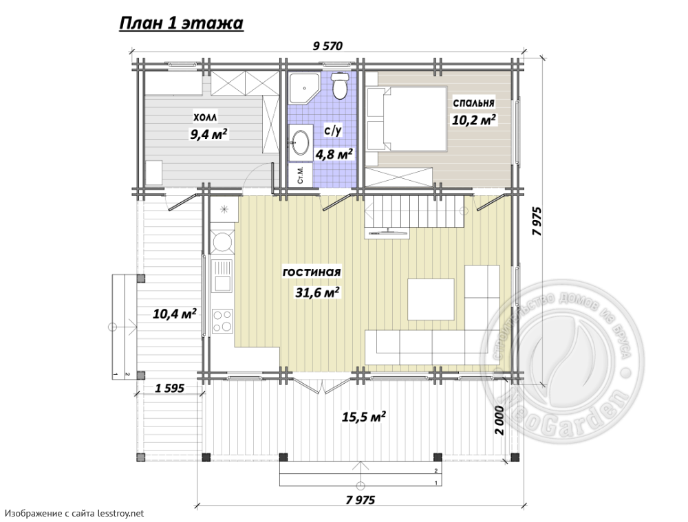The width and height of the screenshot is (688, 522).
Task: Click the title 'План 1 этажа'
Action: pos(181,23)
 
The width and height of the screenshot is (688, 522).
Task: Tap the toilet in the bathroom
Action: pos(339,85)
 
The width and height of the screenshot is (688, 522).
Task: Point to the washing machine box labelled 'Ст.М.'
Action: pos(301,175)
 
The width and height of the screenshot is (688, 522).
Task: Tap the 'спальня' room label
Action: pos(473,102)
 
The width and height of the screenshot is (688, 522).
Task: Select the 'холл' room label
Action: pos(205,118)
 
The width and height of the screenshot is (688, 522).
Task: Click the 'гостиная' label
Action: pos(312,272)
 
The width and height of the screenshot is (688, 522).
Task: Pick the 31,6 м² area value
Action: pos(318,292)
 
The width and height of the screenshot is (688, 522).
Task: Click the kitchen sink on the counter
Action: pos(222,276)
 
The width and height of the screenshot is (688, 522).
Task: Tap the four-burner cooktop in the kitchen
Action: pos(222,320)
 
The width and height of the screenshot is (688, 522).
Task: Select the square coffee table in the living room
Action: pos(431,300)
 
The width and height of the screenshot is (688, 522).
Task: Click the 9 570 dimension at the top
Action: pos(327,46)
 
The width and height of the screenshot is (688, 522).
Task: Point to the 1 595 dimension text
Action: pos(169,388)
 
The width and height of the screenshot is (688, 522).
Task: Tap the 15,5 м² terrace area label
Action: pos(364,416)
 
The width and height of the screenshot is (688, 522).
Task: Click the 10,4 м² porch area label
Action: pos(174,314)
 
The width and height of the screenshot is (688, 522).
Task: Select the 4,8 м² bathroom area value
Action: pos(335,154)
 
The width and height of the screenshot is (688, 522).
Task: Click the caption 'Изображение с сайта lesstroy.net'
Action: pos(74,513)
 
